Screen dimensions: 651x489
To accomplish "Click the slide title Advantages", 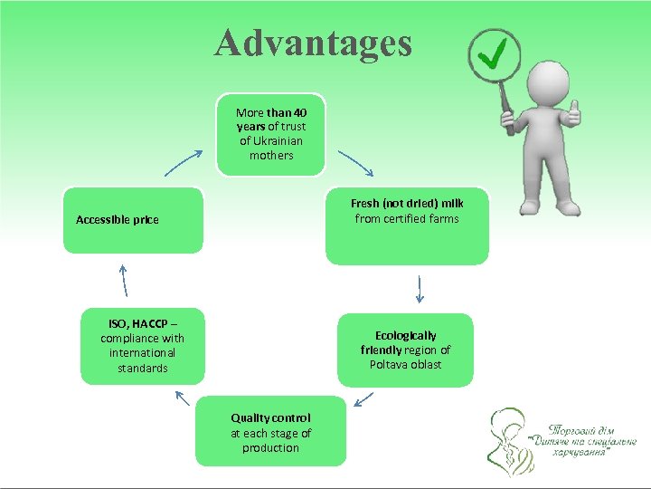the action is coord(313,43).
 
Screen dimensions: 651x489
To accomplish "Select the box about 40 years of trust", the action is coord(271,134).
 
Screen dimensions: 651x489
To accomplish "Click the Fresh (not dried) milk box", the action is coord(407,225).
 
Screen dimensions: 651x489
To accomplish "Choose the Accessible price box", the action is coord(134,220).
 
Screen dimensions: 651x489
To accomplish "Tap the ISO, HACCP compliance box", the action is coord(142,346).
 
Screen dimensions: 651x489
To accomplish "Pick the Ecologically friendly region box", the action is coord(405,350).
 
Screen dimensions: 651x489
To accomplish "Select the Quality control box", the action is coord(270,431).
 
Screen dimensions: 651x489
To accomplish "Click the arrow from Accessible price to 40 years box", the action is coord(184,163).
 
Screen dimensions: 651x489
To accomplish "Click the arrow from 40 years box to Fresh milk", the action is coord(354,163).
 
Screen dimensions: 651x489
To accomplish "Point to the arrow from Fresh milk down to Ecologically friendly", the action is coord(420,289).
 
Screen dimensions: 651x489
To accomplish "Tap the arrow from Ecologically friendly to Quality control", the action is coord(364,398).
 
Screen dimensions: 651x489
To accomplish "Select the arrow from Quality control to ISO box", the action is coord(182,398).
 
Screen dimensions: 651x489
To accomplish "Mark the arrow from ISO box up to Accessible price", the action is coord(124,280).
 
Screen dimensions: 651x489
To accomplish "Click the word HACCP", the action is coord(151,323).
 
